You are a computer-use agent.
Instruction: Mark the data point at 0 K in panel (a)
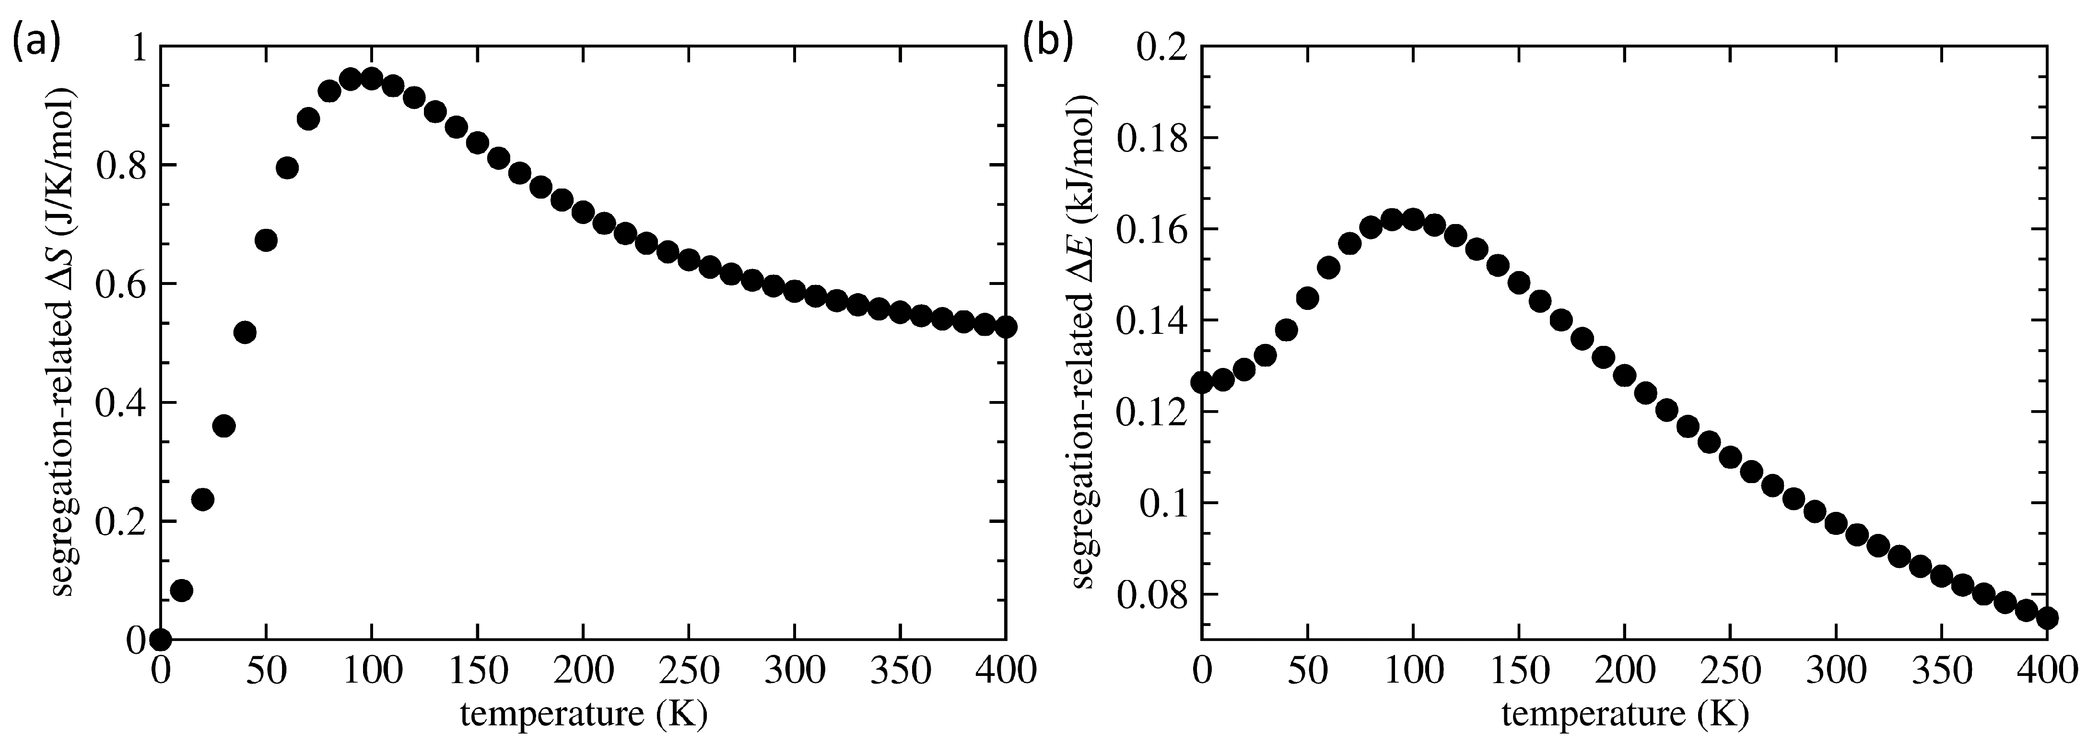click(x=161, y=639)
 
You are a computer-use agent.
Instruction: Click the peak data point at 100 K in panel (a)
click(x=372, y=79)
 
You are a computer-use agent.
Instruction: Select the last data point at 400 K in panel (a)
click(x=1006, y=327)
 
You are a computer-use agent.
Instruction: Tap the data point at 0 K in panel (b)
click(x=1201, y=382)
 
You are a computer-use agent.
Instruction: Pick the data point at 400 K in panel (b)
click(x=2047, y=618)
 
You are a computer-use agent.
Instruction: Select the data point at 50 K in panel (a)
click(x=266, y=240)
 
